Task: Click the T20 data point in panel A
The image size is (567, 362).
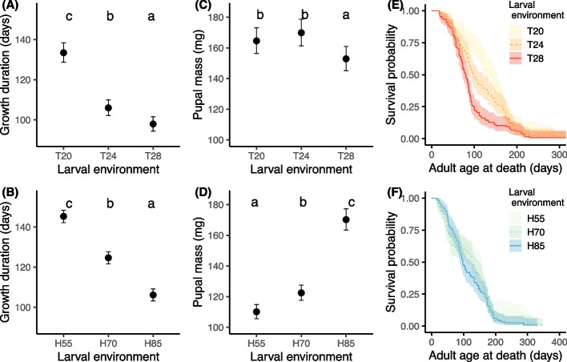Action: tap(63, 52)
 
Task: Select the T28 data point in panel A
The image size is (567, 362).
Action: tap(153, 124)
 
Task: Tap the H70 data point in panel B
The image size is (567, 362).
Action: tap(108, 258)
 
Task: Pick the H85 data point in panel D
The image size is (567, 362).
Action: tap(346, 219)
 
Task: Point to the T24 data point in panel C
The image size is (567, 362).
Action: tap(301, 33)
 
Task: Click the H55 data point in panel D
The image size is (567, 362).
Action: tap(256, 312)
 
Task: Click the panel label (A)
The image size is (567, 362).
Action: tap(10, 6)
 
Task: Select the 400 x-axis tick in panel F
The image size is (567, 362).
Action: tap(558, 343)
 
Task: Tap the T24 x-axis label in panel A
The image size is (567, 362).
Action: tap(108, 156)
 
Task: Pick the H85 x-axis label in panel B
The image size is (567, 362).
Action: tap(153, 343)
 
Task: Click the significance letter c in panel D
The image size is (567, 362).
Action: tap(351, 203)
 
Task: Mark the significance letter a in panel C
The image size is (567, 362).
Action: tap(346, 16)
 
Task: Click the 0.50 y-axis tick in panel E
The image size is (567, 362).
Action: tap(409, 74)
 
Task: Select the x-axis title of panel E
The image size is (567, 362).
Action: tap(496, 168)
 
